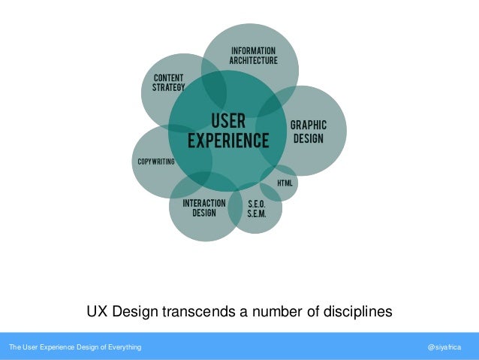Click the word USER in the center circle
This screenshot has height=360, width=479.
click(x=227, y=121)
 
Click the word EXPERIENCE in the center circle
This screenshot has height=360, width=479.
click(x=227, y=141)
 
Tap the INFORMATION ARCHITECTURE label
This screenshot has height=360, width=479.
click(x=253, y=56)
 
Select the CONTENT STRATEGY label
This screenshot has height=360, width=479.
click(x=169, y=83)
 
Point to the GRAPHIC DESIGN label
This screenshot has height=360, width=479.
click(x=309, y=132)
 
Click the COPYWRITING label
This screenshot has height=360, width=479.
click(x=156, y=162)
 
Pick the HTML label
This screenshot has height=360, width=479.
click(x=285, y=183)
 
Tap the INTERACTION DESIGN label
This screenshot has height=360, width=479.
click(x=204, y=207)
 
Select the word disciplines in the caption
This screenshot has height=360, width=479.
click(x=353, y=311)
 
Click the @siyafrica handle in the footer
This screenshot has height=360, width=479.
click(x=444, y=347)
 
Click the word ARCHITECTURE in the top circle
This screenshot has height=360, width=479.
click(x=253, y=60)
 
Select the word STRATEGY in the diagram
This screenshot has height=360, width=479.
click(x=169, y=87)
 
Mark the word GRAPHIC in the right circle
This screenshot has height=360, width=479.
click(x=309, y=126)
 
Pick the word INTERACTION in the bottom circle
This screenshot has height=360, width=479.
click(x=204, y=203)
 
